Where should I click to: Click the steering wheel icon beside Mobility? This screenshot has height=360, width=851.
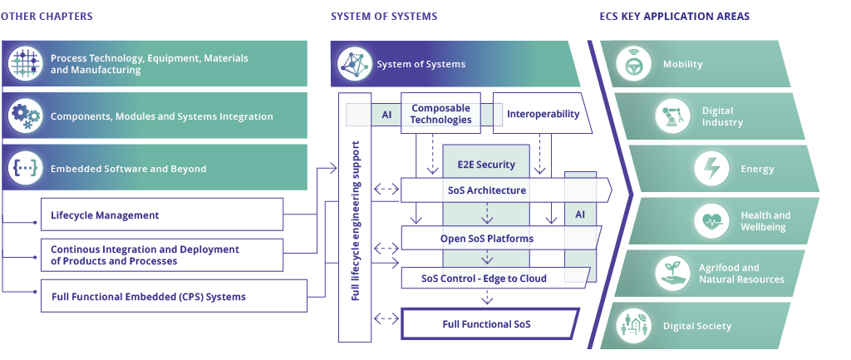coord(636,64)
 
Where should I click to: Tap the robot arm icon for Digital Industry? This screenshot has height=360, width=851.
coord(673,116)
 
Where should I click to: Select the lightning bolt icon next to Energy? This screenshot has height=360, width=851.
coord(713,169)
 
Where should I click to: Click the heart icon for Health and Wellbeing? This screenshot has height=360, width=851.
coord(713,221)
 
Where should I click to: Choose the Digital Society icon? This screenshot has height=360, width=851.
coord(636,326)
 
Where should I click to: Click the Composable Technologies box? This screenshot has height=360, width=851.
coord(440,114)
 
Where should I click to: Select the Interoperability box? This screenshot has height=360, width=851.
coord(542,114)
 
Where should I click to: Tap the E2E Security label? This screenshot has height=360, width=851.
coord(486,164)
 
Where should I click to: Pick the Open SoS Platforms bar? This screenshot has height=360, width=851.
coord(487,239)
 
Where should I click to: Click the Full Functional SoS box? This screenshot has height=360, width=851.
coord(487,323)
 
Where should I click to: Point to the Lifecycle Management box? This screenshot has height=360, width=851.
coord(162,215)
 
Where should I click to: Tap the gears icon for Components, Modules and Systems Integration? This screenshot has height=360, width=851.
coord(26,116)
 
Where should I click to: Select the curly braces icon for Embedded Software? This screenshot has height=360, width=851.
coord(26,169)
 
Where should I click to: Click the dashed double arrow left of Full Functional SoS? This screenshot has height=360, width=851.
coord(386,318)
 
